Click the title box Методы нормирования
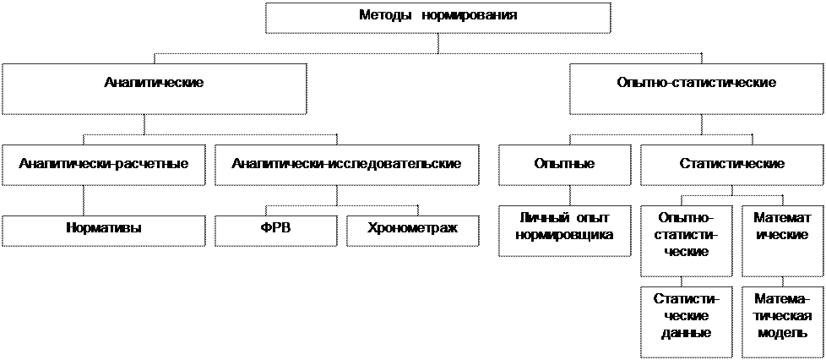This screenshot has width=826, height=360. pos(437,17)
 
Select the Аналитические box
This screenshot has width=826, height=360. pos(154,88)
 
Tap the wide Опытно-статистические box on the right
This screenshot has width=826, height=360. pos(697,88)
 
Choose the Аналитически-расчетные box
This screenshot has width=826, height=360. pos(103,165)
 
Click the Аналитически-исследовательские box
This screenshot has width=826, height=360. pos(346,165)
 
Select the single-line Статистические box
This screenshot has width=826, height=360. pos(732,165)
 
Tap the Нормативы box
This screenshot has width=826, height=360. pos(103,230)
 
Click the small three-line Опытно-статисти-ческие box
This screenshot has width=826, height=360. pos(686,240)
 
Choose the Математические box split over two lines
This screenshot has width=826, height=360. pos(778,240)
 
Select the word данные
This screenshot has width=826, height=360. pos(686,332)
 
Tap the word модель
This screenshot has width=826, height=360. pos(778,332)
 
